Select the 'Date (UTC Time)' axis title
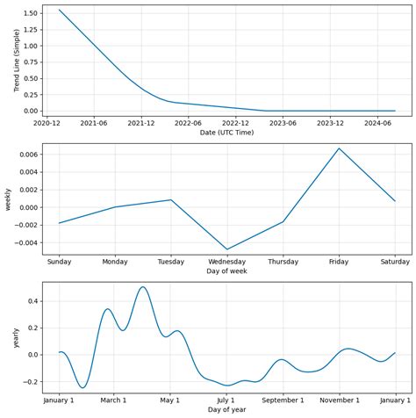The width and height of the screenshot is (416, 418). (226, 133)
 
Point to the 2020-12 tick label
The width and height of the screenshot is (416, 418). (47, 123)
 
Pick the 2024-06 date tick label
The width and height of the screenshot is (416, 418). (377, 123)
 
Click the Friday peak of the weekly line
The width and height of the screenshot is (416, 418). (339, 148)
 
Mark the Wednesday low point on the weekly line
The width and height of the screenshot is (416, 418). (227, 249)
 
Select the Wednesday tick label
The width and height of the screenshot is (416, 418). (227, 262)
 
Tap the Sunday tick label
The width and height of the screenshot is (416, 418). (60, 262)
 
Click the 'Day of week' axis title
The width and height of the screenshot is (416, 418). (226, 271)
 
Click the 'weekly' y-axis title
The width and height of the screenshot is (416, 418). (7, 198)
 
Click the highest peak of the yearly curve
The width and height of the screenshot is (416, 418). (143, 287)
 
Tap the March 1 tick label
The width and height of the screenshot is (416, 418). (113, 400)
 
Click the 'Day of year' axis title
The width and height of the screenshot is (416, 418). (226, 410)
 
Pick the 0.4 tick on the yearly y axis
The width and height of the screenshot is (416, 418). (29, 301)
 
